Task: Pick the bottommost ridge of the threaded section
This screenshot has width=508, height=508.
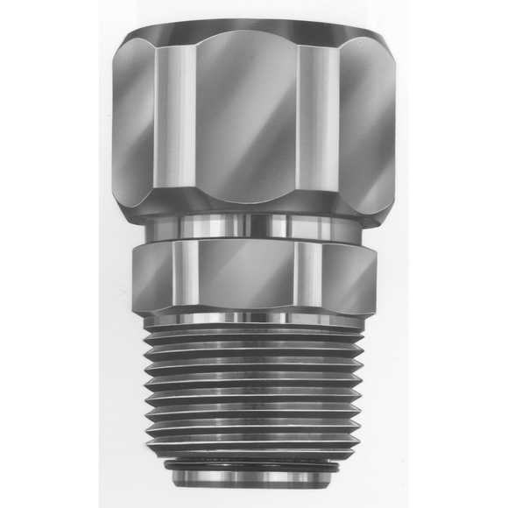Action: tap(254, 445)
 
